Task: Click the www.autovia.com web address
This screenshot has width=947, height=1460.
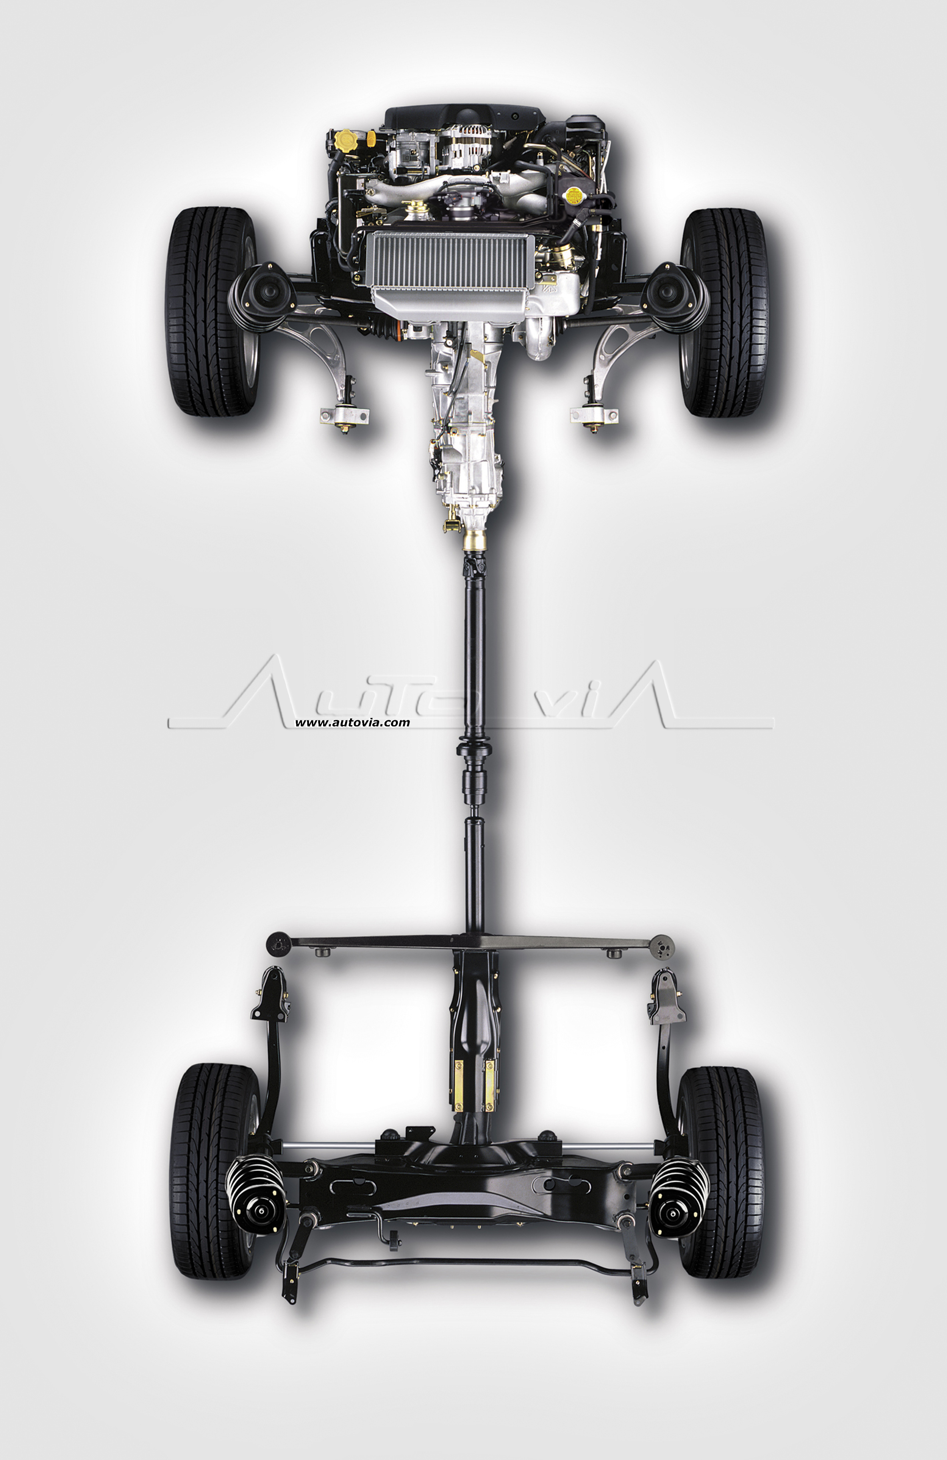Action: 352,723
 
